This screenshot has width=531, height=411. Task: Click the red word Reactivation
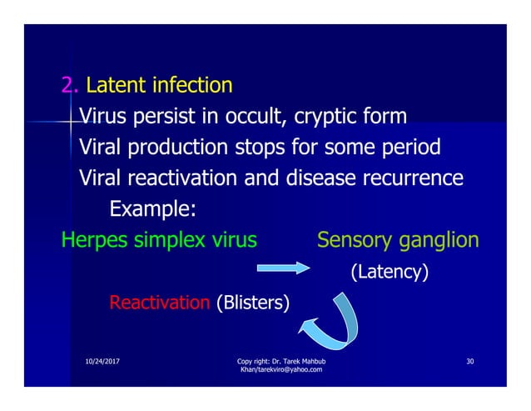[159, 302]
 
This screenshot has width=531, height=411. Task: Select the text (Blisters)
[253, 302]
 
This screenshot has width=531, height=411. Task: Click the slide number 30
[470, 361]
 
